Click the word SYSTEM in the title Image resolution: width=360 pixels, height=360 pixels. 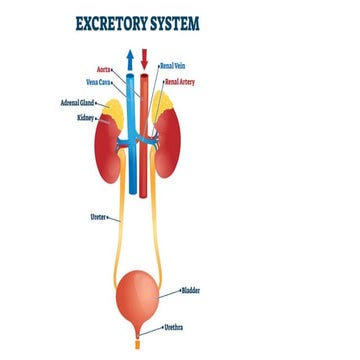point(197,21)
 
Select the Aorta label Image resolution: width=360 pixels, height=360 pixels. point(103,70)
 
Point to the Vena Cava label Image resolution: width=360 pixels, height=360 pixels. point(97,82)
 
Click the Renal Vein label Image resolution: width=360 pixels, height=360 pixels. point(172,66)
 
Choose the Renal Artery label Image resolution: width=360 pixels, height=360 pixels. point(180,81)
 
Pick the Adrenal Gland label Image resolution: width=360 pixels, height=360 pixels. point(78,102)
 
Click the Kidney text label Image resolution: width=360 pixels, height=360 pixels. point(84,117)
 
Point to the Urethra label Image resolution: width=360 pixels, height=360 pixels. point(173,327)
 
